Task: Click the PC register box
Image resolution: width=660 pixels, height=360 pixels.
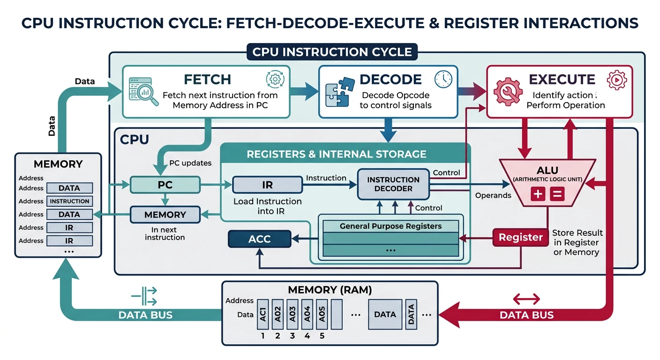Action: coord(165,185)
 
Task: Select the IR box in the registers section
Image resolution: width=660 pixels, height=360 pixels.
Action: coord(267,185)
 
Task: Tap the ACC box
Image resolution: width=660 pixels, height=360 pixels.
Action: coord(259,239)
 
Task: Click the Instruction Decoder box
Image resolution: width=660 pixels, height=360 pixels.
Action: coord(393,184)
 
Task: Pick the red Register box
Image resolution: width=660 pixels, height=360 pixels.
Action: coord(520,237)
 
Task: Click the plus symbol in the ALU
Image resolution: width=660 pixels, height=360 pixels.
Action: coord(538,195)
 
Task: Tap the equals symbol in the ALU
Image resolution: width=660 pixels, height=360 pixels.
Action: coord(557,195)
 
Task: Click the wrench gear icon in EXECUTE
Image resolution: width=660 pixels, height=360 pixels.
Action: coord(508,91)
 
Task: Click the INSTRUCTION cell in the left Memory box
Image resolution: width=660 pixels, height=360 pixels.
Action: coord(69,201)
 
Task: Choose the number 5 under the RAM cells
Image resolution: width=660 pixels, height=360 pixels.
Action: coord(322,336)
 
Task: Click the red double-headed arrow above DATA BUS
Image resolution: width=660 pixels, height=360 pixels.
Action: coord(526,299)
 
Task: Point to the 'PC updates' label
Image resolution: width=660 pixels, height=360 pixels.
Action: coord(190,164)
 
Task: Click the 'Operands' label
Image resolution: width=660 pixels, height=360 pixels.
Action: coord(493,195)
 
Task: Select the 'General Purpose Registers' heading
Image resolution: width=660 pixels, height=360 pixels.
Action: coord(390,226)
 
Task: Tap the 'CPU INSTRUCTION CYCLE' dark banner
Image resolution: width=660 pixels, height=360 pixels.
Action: coord(332,52)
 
